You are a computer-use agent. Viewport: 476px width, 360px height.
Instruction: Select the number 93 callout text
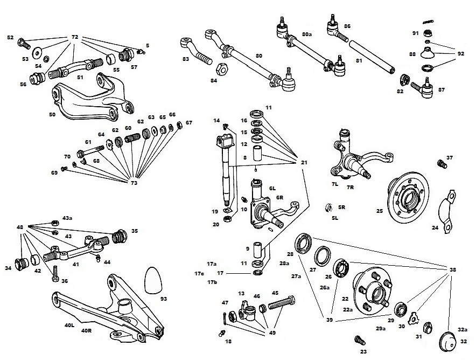(164, 298)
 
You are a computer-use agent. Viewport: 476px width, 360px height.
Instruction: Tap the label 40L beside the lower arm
(69, 325)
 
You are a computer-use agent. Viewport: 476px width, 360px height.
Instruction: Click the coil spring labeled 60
(132, 139)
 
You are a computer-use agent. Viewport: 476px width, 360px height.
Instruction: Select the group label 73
(134, 183)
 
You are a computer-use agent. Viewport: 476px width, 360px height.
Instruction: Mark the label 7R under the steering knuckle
(350, 188)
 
